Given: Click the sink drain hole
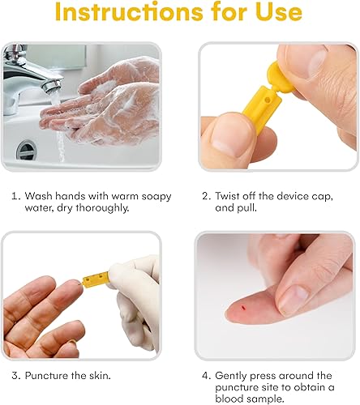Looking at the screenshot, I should (28, 150).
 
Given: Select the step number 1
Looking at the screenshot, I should (16, 196).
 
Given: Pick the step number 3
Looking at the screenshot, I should (16, 375).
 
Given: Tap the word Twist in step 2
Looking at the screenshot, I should (229, 196).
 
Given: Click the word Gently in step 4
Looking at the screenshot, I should (234, 375).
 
